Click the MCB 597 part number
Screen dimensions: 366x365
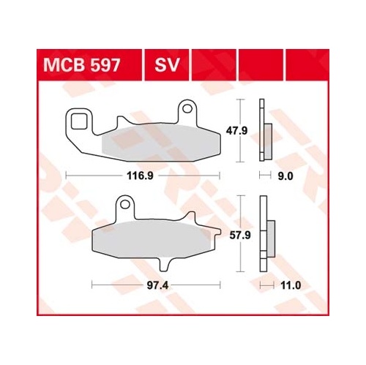tap(82, 65)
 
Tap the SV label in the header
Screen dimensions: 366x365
tap(167, 65)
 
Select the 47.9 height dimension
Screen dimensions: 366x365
tap(236, 131)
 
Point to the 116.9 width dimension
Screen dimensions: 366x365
tap(140, 176)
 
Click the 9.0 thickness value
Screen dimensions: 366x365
tap(285, 176)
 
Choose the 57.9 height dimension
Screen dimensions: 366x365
tap(240, 236)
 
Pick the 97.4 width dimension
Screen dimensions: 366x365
tap(157, 285)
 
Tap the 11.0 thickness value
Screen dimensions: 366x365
tap(291, 285)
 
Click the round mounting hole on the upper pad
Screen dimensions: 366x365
tap(187, 108)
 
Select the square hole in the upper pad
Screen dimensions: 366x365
tap(79, 121)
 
